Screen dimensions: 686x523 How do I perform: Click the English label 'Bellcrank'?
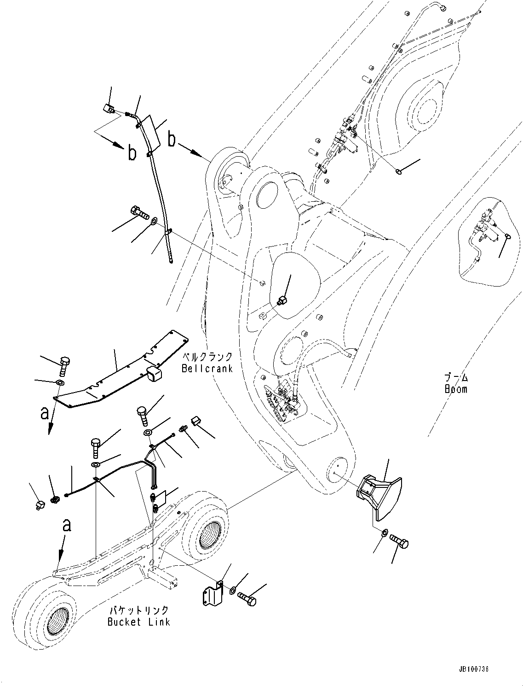[207, 369]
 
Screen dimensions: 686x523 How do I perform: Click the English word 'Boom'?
[456, 389]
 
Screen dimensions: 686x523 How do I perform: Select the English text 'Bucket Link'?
[138, 622]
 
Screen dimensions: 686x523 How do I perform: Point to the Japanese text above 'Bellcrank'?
[207, 358]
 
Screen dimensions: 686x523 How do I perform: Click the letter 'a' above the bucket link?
[67, 525]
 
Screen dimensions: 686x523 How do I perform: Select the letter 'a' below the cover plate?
[45, 413]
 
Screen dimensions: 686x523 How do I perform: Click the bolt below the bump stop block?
[399, 541]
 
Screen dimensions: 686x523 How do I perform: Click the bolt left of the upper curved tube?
[139, 213]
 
